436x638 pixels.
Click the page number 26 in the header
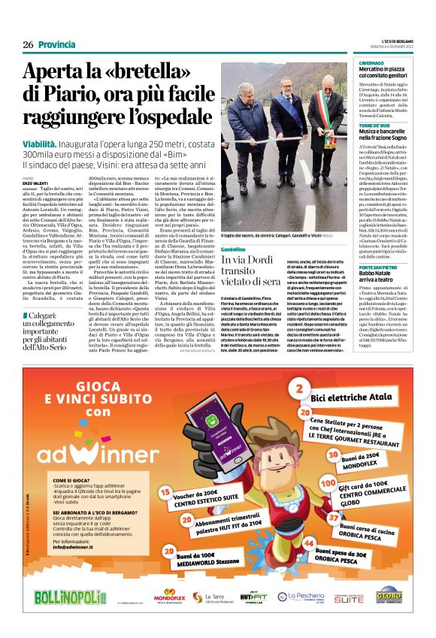tap(28, 45)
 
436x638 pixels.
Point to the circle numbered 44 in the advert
tap(308, 543)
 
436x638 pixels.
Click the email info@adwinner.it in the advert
tap(75, 546)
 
